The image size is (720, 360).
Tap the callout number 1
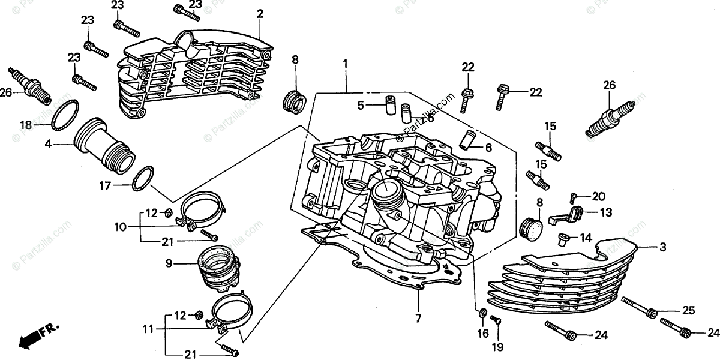[346, 63]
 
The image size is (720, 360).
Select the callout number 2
[260, 13]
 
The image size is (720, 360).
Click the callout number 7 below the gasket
[418, 318]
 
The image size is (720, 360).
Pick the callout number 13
[605, 212]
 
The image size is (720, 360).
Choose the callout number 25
[688, 310]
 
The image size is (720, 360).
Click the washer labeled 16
[482, 313]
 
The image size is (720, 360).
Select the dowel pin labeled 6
[467, 139]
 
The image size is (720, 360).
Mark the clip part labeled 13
[574, 213]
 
